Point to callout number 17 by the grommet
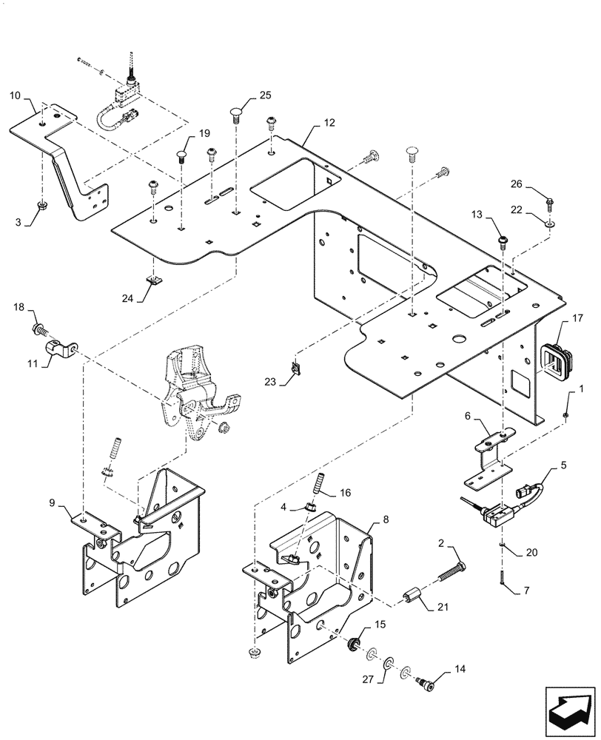tap(577, 320)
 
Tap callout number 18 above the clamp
tap(19, 307)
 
